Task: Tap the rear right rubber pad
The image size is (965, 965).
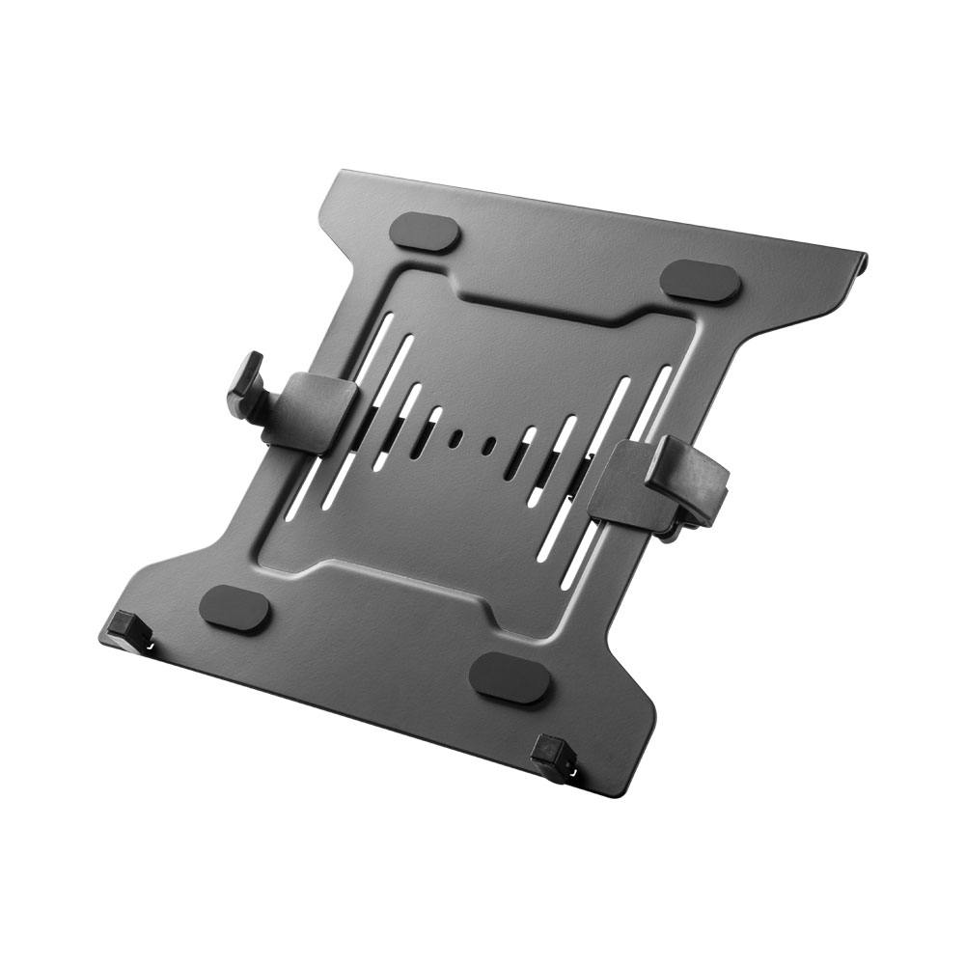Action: tap(701, 279)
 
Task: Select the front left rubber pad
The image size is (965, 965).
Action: tap(235, 609)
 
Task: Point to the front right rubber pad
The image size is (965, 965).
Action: tap(510, 676)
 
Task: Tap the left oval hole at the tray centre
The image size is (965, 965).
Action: tap(455, 437)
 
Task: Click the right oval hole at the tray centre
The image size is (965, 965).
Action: tap(489, 445)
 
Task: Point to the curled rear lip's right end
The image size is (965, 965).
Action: tap(862, 259)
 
